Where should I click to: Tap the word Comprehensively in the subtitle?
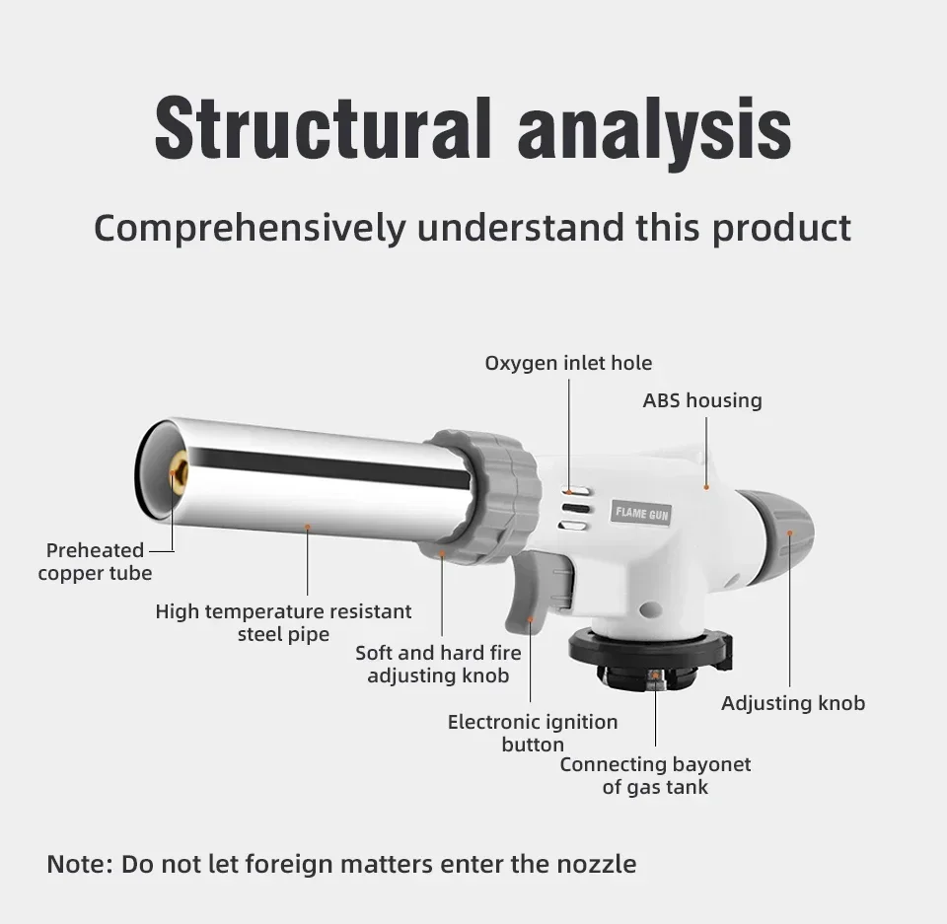[x=249, y=228]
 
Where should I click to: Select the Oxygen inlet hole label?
[x=568, y=363]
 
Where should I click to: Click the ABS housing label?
[x=702, y=400]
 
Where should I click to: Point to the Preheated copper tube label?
[x=95, y=561]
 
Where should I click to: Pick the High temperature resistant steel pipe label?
[x=283, y=622]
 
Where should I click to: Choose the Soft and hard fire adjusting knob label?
[x=438, y=664]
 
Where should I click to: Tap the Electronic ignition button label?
[x=533, y=733]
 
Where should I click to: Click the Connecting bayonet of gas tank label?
[x=655, y=775]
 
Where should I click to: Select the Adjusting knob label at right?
[x=793, y=703]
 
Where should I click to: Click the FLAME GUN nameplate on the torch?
[x=643, y=513]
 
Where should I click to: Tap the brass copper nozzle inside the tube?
[x=179, y=475]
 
